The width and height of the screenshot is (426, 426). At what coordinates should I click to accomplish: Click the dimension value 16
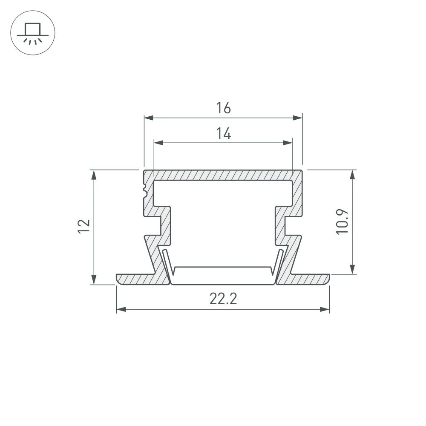click(x=223, y=109)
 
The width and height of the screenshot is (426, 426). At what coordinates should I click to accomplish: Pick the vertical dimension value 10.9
click(x=343, y=221)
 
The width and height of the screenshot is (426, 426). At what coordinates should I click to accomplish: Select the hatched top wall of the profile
click(x=223, y=175)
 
